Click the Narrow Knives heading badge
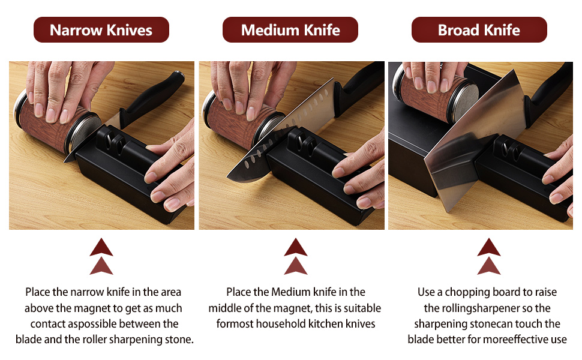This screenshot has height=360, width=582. click(101, 30)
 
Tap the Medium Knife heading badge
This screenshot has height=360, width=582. click(290, 30)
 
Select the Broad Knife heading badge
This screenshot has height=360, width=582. click(479, 30)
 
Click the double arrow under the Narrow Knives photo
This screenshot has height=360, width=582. click(101, 256)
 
